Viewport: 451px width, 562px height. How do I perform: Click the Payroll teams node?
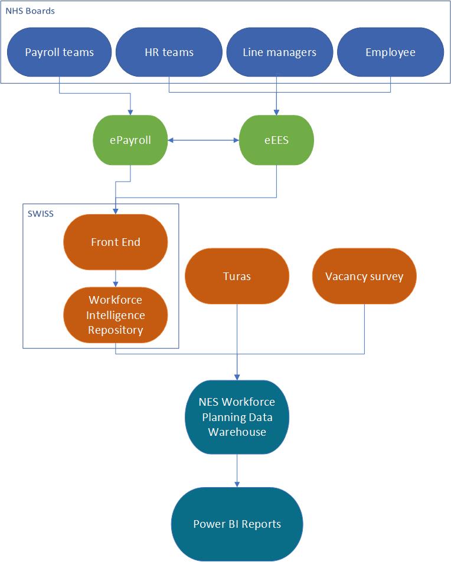[x=59, y=52]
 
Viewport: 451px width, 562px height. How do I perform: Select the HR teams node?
[x=169, y=52]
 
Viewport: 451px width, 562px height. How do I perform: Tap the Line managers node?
[x=279, y=52]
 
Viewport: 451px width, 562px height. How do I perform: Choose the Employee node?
[x=390, y=52]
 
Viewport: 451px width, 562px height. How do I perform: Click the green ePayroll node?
[x=130, y=140]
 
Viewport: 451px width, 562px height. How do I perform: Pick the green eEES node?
[x=276, y=140]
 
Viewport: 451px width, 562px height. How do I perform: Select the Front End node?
[x=115, y=242]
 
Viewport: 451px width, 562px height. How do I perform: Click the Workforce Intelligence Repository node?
[x=115, y=315]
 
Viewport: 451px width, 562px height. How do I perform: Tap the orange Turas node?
[x=237, y=276]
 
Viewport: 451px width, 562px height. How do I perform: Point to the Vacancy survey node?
[x=364, y=276]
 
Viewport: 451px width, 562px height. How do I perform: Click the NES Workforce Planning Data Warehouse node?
[x=237, y=417]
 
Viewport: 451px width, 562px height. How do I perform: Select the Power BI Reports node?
[x=237, y=524]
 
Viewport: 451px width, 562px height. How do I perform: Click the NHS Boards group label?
[x=30, y=11]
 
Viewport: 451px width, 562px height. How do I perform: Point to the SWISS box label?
[x=40, y=213]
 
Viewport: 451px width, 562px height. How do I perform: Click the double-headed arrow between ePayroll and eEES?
[x=203, y=140]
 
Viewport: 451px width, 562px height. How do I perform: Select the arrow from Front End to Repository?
[x=115, y=278]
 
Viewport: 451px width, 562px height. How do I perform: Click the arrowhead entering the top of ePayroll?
[x=130, y=111]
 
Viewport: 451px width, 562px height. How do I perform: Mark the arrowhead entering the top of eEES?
[x=276, y=111]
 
